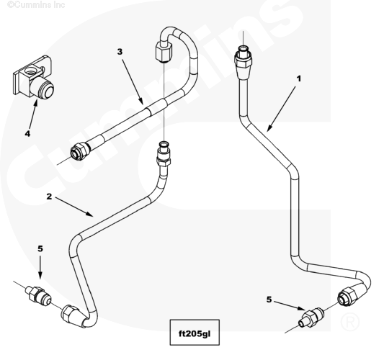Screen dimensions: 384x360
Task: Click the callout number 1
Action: pyautogui.click(x=298, y=78)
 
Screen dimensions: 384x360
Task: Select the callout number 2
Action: pyautogui.click(x=49, y=197)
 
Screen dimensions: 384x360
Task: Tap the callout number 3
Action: pyautogui.click(x=120, y=52)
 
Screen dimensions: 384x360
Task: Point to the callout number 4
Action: pyautogui.click(x=27, y=134)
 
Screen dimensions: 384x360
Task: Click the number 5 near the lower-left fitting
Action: pyautogui.click(x=40, y=248)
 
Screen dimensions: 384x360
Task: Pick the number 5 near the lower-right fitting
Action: pyautogui.click(x=269, y=300)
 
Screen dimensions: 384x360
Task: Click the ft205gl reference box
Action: pyautogui.click(x=195, y=333)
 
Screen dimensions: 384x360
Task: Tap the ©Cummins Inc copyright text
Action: pyautogui.click(x=36, y=4)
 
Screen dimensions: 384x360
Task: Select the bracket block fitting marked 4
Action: pyautogui.click(x=33, y=77)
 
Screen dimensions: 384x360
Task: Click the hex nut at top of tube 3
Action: pyautogui.click(x=164, y=52)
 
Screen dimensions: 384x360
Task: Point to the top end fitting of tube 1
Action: pyautogui.click(x=243, y=58)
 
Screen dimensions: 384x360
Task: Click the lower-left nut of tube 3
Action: pyautogui.click(x=80, y=151)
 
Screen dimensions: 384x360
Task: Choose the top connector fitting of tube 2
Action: pyautogui.click(x=164, y=154)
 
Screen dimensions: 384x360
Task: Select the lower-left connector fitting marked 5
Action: pyautogui.click(x=39, y=294)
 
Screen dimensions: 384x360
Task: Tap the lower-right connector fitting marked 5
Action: pyautogui.click(x=311, y=317)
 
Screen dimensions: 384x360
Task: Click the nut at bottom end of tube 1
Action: pyautogui.click(x=347, y=297)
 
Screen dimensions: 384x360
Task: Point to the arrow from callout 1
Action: pyautogui.click(x=282, y=108)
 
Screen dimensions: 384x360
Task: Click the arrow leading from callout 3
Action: pyautogui.click(x=133, y=82)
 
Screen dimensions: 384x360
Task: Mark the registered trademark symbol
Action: pyautogui.click(x=350, y=322)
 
